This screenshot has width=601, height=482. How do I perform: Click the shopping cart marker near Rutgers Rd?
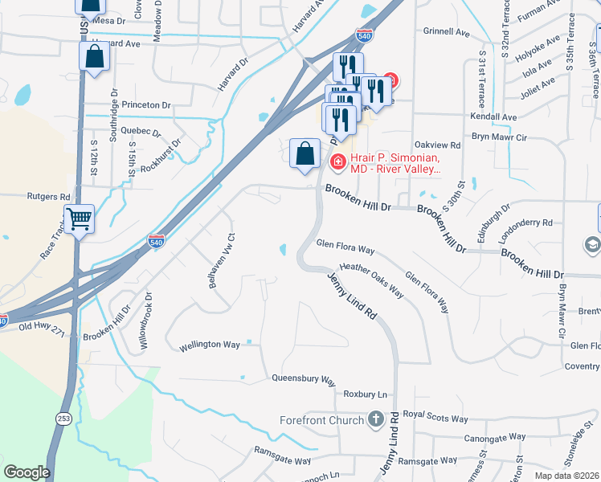pos(80,218)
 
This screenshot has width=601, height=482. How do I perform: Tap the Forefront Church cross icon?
pos(375,419)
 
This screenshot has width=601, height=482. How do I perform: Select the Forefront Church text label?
pos(322,419)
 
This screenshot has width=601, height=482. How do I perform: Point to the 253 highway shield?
pos(63,419)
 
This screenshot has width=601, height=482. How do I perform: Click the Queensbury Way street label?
pos(303,378)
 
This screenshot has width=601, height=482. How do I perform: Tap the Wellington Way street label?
pos(210,345)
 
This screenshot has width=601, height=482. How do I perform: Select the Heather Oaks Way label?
pos(371,280)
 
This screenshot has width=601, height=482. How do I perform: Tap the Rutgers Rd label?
pos(49,196)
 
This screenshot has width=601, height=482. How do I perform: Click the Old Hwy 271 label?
pos(39,326)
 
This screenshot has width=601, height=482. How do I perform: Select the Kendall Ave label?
pos(493,117)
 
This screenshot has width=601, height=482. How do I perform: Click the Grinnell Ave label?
pos(446,33)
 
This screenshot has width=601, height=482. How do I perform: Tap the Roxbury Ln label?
pos(365,394)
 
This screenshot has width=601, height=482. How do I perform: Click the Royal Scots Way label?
pos(435,419)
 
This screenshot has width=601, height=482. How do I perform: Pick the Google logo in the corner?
pos(26,472)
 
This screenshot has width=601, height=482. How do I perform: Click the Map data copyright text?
pos(567,476)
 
